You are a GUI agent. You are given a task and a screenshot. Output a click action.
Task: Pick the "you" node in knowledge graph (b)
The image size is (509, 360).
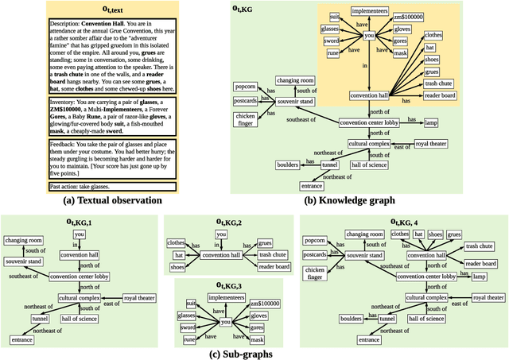click(368, 37)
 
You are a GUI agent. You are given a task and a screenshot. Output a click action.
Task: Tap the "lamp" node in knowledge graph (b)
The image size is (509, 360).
click(431, 123)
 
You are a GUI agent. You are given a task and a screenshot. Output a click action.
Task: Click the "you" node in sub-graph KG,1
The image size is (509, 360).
click(77, 235)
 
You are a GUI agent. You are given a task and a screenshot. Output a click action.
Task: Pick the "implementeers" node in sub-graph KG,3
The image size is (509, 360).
click(225, 297)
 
